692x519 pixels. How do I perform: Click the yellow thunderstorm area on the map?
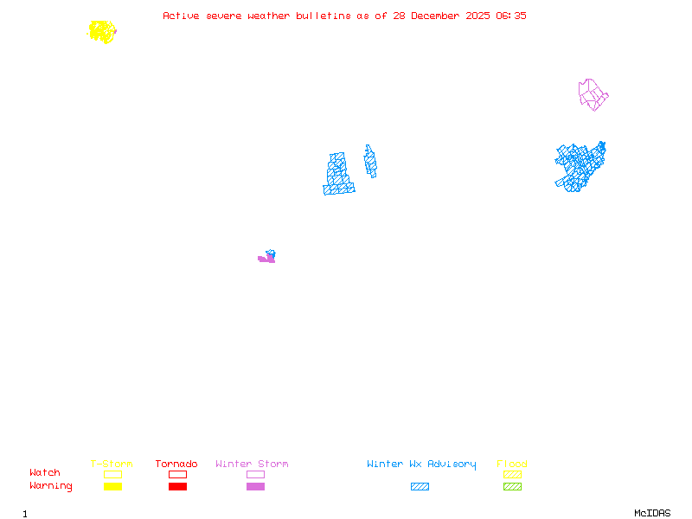(x=102, y=32)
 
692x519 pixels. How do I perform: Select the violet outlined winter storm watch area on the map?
(x=593, y=94)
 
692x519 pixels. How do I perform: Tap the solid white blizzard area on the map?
(x=357, y=170)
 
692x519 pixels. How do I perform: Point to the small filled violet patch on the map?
(x=266, y=259)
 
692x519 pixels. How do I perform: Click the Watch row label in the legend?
(x=45, y=473)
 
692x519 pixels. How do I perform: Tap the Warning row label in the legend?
(x=50, y=486)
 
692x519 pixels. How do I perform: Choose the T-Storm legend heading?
(x=112, y=465)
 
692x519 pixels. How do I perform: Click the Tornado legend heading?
(x=176, y=465)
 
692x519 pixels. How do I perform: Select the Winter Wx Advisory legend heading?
(x=421, y=465)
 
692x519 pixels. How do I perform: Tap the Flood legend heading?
(x=512, y=465)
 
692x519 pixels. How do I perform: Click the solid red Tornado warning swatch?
(x=177, y=487)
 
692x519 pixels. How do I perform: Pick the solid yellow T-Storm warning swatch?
(x=112, y=487)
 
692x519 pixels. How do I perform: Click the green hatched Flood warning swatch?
(x=512, y=487)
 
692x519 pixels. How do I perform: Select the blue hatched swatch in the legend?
(x=420, y=487)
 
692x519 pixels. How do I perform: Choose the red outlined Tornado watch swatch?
(x=177, y=474)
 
